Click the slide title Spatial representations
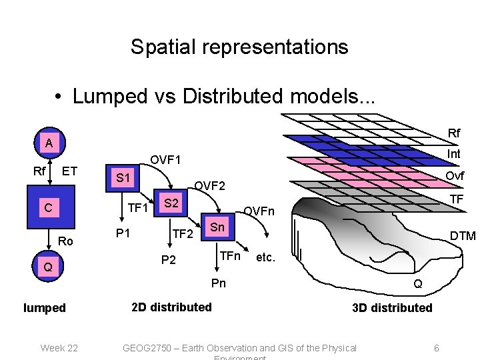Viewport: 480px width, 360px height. (x=239, y=47)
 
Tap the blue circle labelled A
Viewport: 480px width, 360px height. (x=49, y=143)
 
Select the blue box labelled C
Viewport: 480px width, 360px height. (x=48, y=208)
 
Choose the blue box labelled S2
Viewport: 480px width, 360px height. (x=171, y=203)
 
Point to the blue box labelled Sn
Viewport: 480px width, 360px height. (x=217, y=227)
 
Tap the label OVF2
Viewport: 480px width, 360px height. (x=209, y=185)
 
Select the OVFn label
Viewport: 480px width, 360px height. (x=259, y=211)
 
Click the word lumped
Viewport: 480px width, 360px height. (x=45, y=308)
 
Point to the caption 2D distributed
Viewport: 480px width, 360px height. (x=171, y=307)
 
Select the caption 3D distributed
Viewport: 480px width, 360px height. (x=393, y=307)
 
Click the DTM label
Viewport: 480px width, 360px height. (x=463, y=235)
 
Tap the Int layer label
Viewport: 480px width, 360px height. (x=454, y=154)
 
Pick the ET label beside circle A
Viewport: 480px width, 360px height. (x=70, y=172)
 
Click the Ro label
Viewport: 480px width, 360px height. (x=66, y=241)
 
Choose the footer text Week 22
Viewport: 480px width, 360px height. (x=59, y=348)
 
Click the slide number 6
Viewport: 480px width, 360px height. (x=436, y=348)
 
